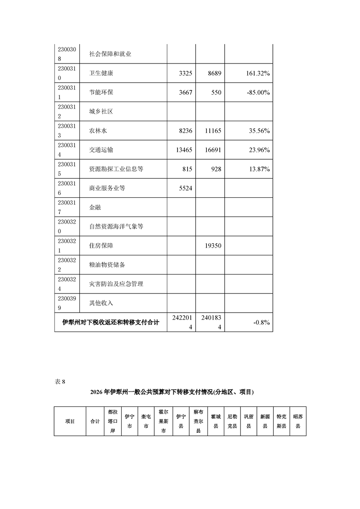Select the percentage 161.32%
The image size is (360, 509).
(x=254, y=73)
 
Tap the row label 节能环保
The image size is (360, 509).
(x=101, y=93)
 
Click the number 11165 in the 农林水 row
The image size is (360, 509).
(x=212, y=131)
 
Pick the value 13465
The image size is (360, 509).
(x=183, y=150)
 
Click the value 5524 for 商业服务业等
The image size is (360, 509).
(x=185, y=188)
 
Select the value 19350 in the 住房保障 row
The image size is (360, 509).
(x=212, y=246)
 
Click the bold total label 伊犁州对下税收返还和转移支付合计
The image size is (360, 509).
(x=111, y=323)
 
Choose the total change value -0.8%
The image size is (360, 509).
(x=262, y=323)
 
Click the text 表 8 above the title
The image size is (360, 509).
(x=60, y=382)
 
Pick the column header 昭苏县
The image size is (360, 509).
(x=298, y=421)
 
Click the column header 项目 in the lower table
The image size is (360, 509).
(x=70, y=421)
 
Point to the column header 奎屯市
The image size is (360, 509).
(x=146, y=421)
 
